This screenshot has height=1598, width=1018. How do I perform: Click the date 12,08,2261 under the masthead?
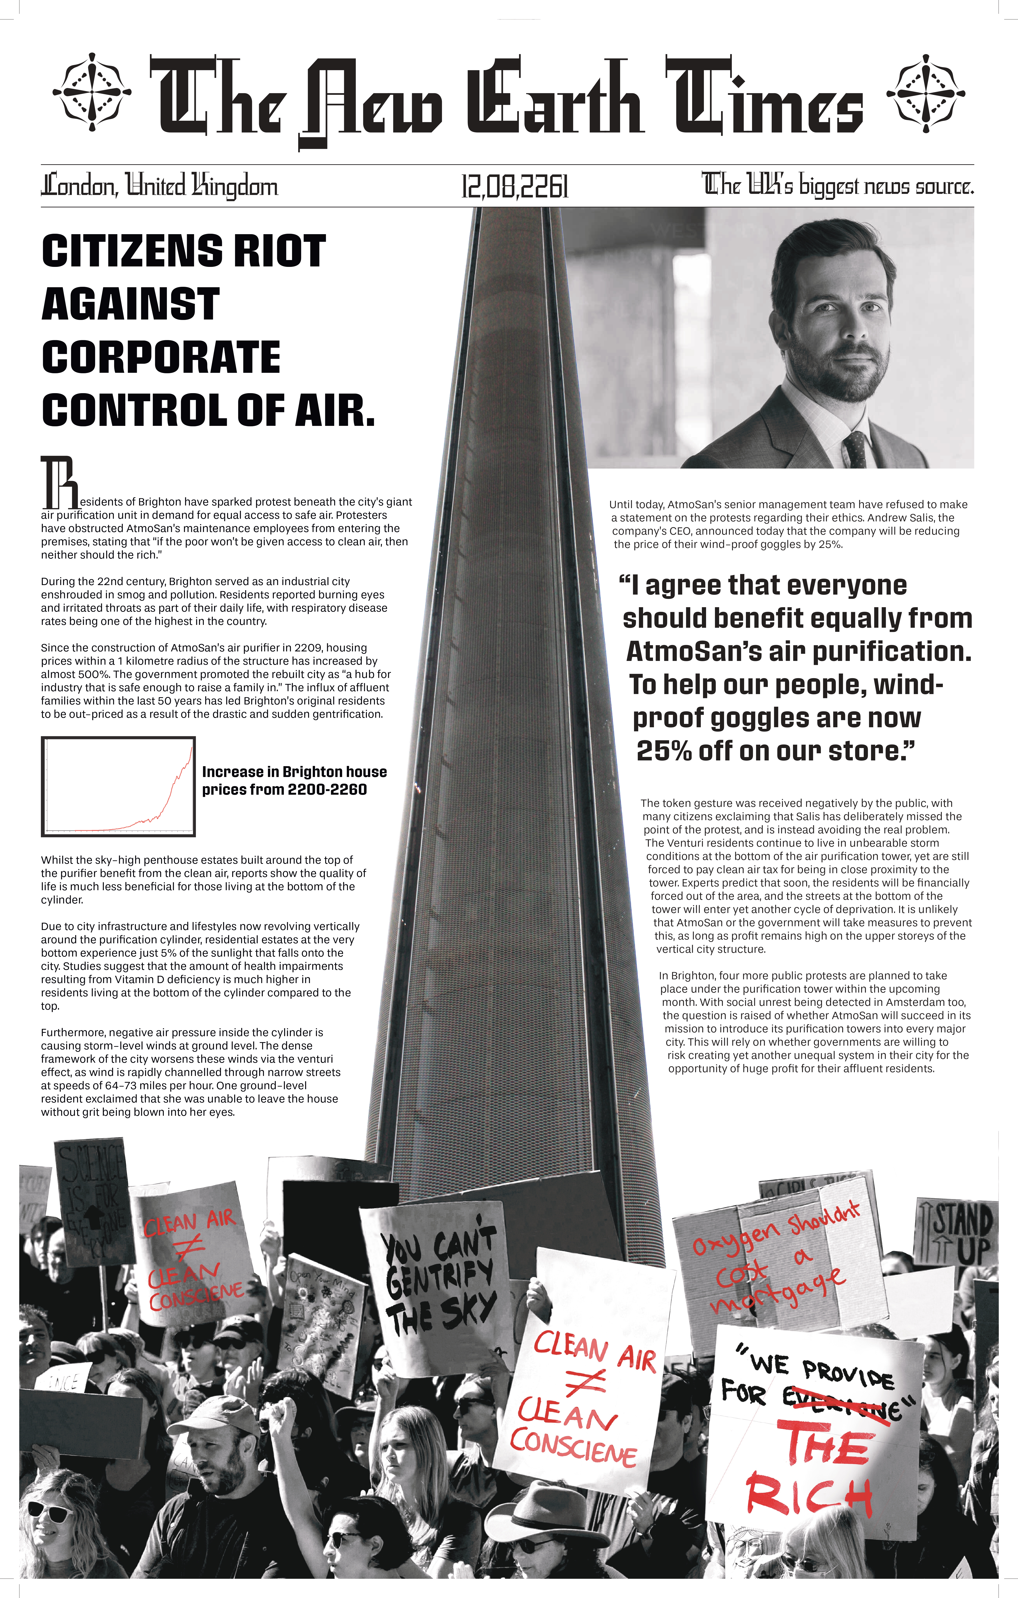(x=515, y=186)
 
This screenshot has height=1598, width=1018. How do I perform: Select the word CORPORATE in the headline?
(x=161, y=358)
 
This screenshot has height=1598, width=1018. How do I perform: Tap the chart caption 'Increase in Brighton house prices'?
(x=294, y=780)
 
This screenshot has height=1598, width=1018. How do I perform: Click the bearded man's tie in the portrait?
(x=856, y=449)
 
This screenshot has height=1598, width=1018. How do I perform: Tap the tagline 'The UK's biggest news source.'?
(x=837, y=184)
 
